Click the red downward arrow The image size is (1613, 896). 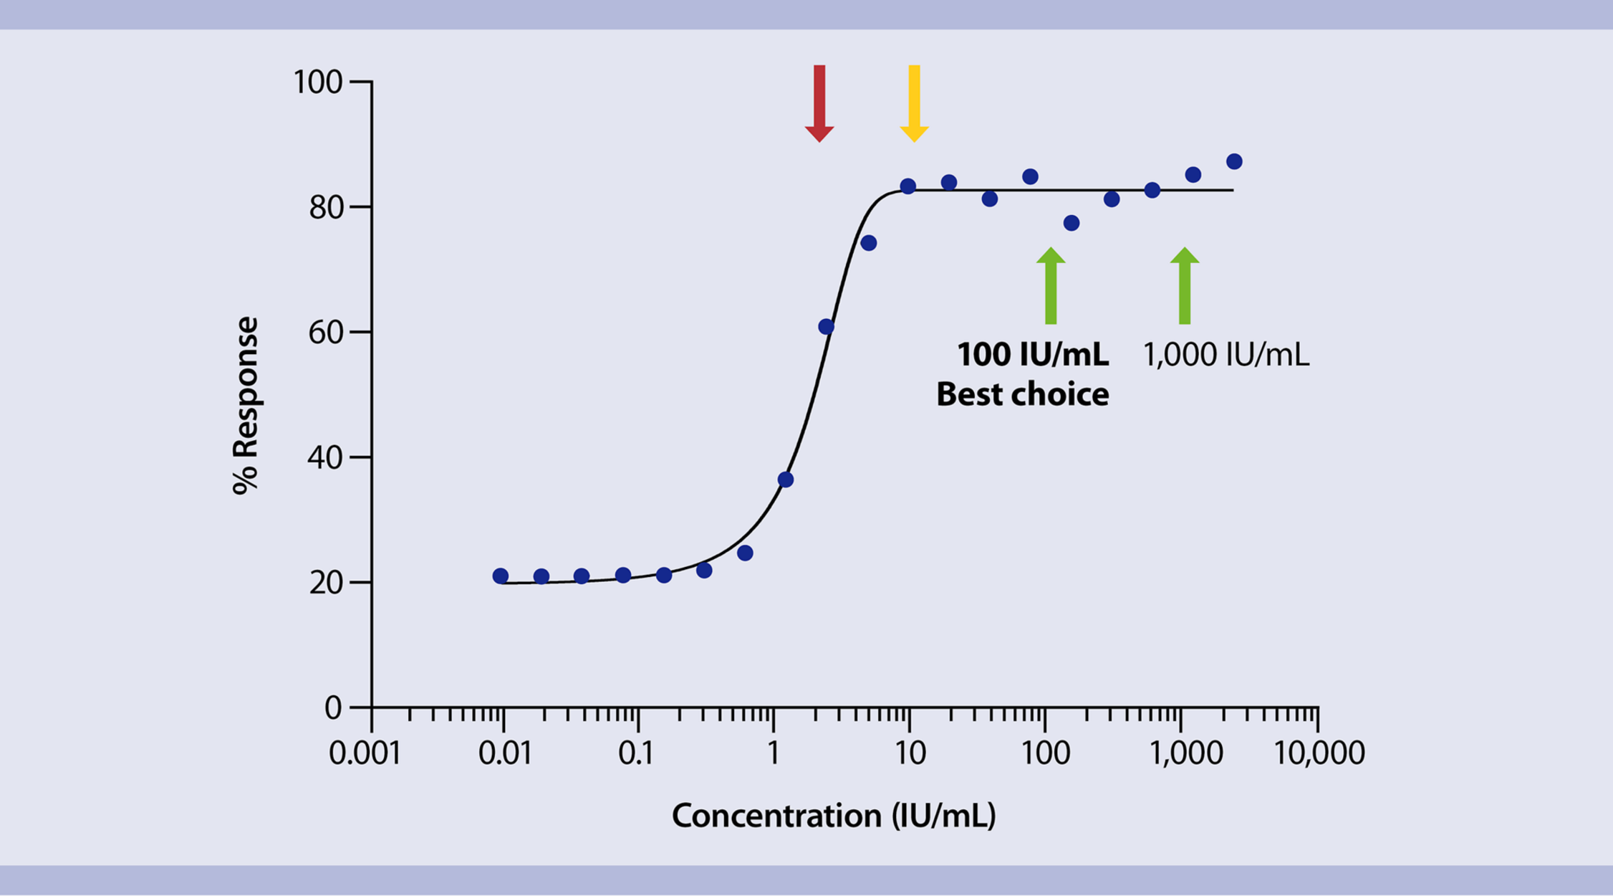pos(819,104)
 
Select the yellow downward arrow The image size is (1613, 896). pos(914,104)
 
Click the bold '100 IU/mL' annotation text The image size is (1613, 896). pos(1033,355)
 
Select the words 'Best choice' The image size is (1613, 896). pos(1023,395)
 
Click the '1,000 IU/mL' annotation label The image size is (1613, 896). pos(1226,355)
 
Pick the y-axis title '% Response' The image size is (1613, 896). pos(246,405)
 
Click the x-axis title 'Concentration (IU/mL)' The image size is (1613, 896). pos(834,816)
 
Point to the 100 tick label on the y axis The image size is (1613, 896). pos(318,82)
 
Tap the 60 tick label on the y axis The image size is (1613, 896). pos(325,333)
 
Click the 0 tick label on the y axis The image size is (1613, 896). pos(333,708)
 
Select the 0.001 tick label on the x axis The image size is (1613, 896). pos(365,753)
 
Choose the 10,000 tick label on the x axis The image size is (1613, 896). pos(1319,753)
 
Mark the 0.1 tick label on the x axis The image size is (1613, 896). pos(636,753)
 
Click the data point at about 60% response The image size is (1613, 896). pos(826,327)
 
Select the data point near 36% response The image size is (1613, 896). pos(786,480)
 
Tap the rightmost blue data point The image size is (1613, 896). pos(1234,162)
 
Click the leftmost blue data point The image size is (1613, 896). pos(501,576)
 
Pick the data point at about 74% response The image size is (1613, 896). pos(869,244)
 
